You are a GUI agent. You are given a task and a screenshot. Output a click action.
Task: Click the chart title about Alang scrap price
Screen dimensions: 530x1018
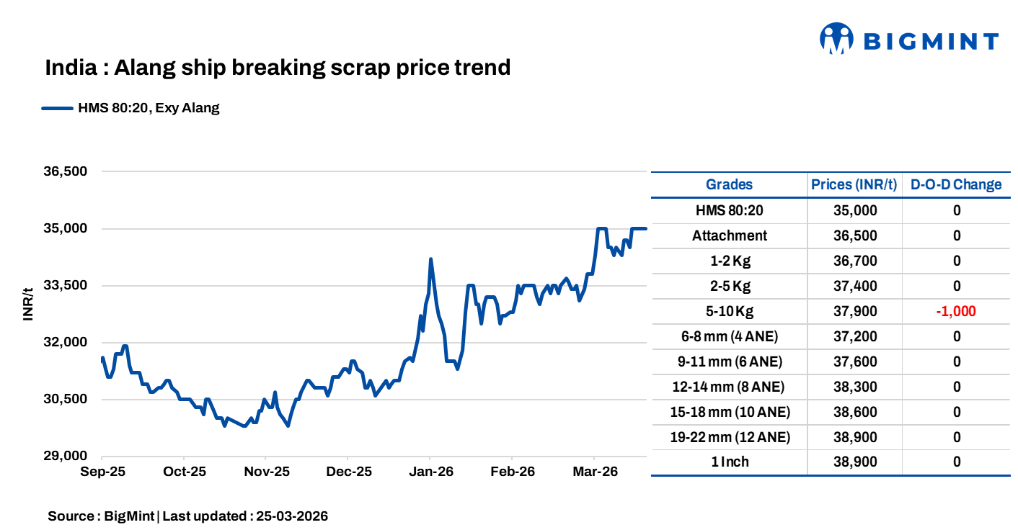pyautogui.click(x=278, y=68)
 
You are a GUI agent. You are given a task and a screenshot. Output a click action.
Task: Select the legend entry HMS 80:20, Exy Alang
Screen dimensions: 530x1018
pyautogui.click(x=149, y=109)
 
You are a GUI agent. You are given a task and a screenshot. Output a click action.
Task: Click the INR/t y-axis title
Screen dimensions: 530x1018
pyautogui.click(x=28, y=303)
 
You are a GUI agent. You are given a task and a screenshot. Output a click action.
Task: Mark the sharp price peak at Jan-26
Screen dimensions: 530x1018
pyautogui.click(x=430, y=259)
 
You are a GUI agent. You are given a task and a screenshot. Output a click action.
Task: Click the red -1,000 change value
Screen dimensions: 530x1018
pyautogui.click(x=956, y=311)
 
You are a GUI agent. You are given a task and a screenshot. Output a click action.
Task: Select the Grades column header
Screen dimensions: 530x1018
pyautogui.click(x=729, y=184)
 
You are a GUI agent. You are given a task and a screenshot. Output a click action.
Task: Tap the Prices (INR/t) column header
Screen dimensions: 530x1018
pyautogui.click(x=854, y=184)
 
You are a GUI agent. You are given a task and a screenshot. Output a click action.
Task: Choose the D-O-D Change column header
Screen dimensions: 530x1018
pyautogui.click(x=956, y=184)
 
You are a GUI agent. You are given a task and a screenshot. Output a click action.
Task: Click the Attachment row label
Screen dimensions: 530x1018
pyautogui.click(x=729, y=235)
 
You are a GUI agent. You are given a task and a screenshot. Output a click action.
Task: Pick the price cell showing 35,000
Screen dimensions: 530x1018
pyautogui.click(x=854, y=210)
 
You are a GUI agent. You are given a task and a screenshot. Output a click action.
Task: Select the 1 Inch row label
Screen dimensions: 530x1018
pyautogui.click(x=729, y=462)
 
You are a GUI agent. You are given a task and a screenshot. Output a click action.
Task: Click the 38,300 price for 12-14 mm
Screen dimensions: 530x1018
pyautogui.click(x=854, y=387)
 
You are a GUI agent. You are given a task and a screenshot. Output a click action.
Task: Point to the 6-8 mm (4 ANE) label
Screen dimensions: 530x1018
pyautogui.click(x=729, y=336)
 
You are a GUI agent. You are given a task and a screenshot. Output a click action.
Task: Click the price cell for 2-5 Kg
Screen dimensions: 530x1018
pyautogui.click(x=854, y=286)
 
